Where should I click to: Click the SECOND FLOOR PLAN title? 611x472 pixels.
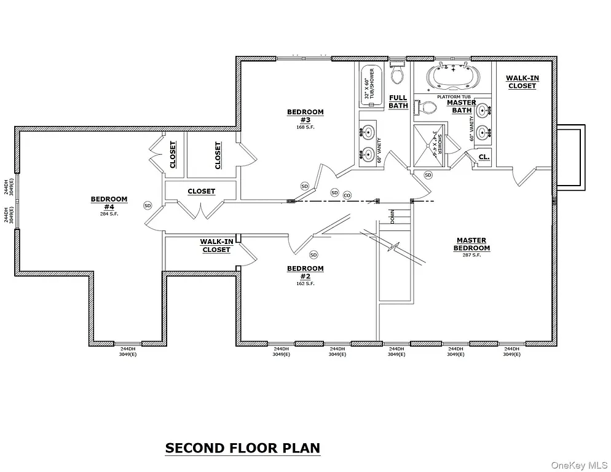pos(242,447)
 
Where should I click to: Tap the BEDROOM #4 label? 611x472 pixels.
pos(109,202)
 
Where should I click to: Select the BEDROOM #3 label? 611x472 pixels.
pos(305,115)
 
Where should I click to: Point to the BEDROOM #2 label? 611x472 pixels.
pos(305,272)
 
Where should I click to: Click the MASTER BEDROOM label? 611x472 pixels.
pos(471,244)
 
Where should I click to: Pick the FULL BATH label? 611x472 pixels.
pos(398,101)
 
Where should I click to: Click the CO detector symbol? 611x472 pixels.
pos(347,195)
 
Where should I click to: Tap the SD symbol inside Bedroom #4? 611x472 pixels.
pos(148,205)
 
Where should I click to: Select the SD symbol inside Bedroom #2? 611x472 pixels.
pos(313,254)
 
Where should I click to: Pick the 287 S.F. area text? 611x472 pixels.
pos(471,255)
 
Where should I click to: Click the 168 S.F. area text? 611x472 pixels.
pos(305,127)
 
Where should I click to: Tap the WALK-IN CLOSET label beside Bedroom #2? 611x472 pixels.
pos(216,246)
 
